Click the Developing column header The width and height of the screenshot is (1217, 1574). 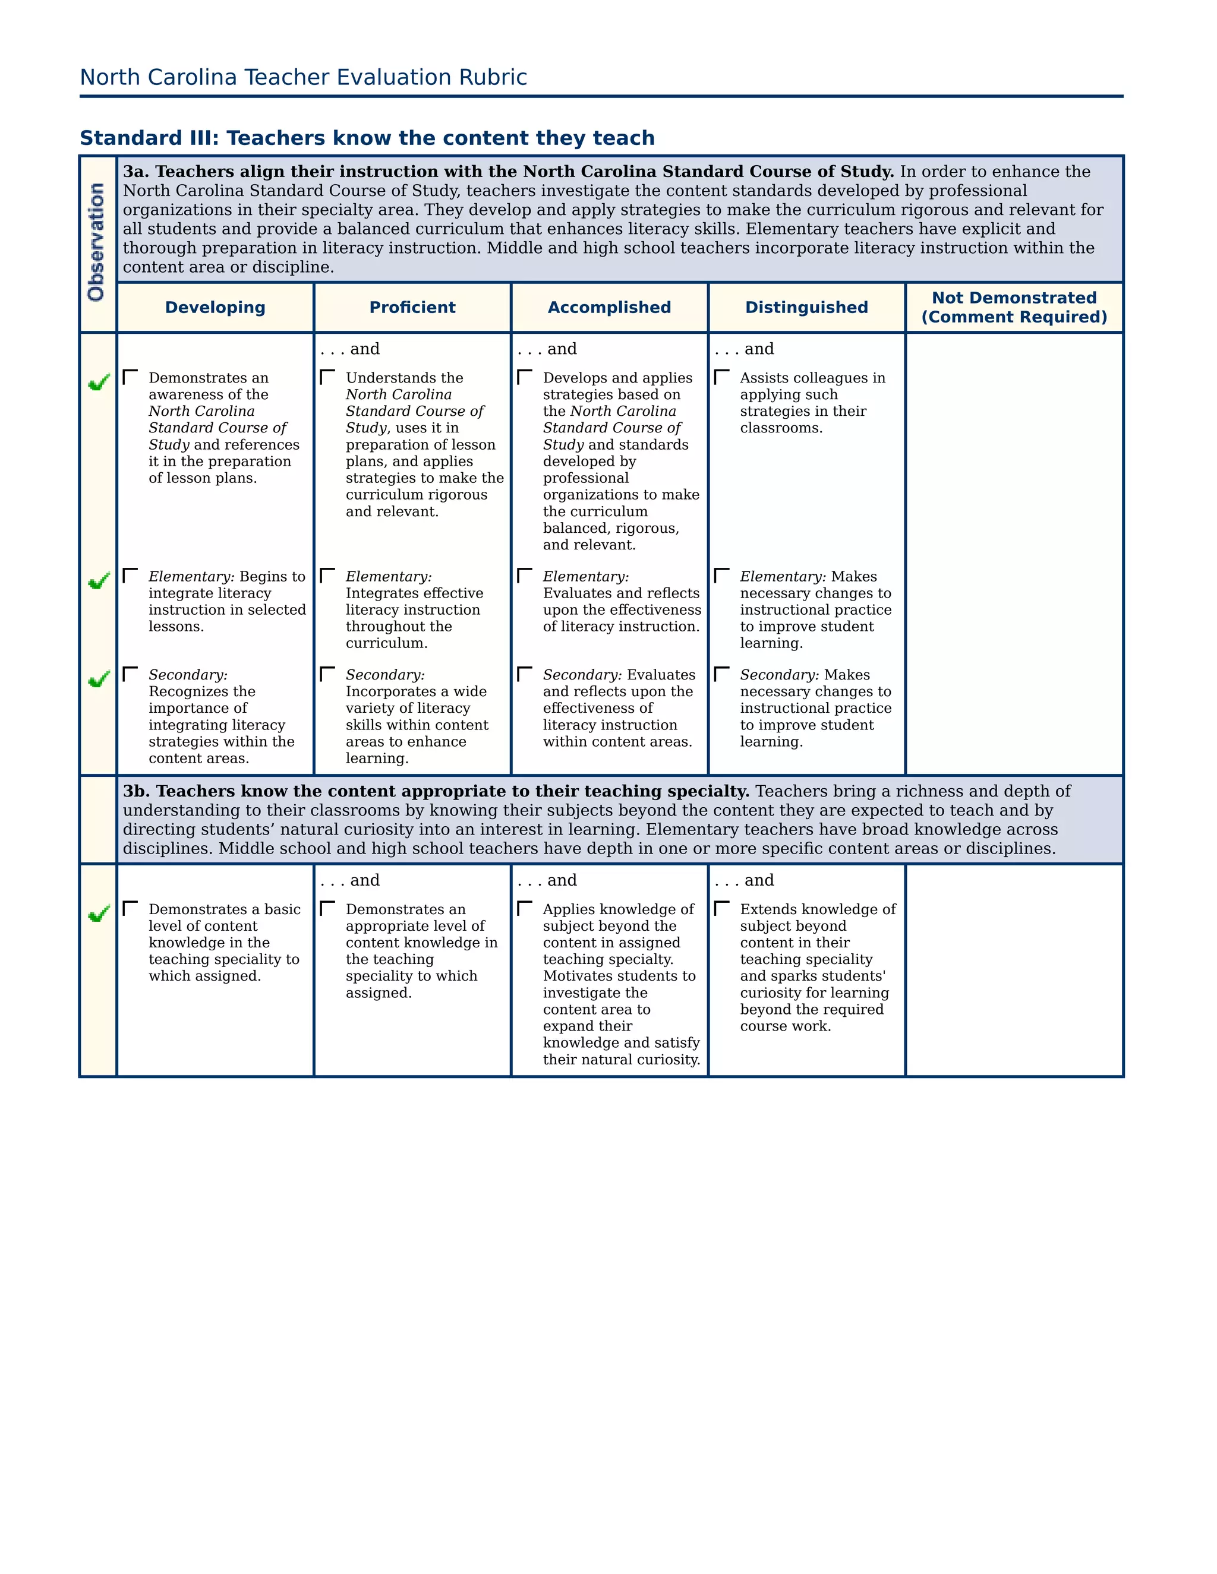pos(215,308)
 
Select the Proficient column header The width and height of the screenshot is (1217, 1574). pos(412,308)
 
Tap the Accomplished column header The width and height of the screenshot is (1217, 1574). pos(609,308)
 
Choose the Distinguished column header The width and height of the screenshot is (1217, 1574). pos(806,308)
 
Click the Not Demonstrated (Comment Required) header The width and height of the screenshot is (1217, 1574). pos(1014,308)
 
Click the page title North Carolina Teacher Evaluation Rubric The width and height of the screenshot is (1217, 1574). pos(303,77)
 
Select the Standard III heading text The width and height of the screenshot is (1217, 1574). pos(367,138)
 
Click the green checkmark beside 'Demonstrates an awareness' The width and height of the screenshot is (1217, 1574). pos(99,382)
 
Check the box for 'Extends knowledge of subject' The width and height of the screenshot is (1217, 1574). pos(721,908)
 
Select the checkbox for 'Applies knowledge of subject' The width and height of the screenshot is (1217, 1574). pos(525,908)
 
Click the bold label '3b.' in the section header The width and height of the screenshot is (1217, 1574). pos(136,791)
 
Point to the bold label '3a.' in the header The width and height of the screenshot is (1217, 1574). pos(136,172)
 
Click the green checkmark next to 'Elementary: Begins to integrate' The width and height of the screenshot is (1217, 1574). pos(99,580)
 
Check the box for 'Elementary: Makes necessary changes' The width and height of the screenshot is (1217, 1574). pos(721,575)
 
